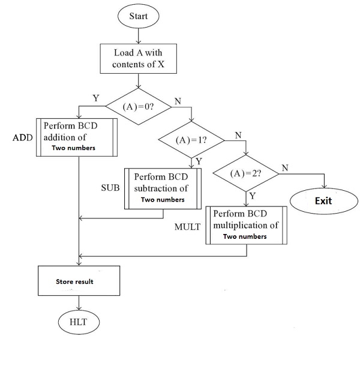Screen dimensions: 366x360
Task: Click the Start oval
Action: coord(139,16)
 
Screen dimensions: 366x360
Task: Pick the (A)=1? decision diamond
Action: coord(191,140)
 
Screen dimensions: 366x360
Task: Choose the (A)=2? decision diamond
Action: coord(246,173)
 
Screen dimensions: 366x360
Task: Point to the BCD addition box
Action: coord(79,137)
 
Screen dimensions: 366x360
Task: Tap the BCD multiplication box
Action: coord(246,226)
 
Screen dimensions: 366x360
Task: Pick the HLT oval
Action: coord(79,322)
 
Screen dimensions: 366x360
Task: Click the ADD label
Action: coord(23,137)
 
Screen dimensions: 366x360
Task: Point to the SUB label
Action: coord(110,188)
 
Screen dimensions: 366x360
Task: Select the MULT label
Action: coord(187,229)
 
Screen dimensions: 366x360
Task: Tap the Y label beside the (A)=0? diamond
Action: coord(95,97)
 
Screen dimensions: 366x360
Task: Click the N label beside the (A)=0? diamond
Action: coord(178,101)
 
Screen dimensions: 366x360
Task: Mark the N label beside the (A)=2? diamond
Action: coord(286,168)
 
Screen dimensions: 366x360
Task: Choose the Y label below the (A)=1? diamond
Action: coord(199,161)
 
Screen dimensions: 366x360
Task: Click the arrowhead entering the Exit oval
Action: coord(324,187)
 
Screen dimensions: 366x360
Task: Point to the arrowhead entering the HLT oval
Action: coord(79,310)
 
